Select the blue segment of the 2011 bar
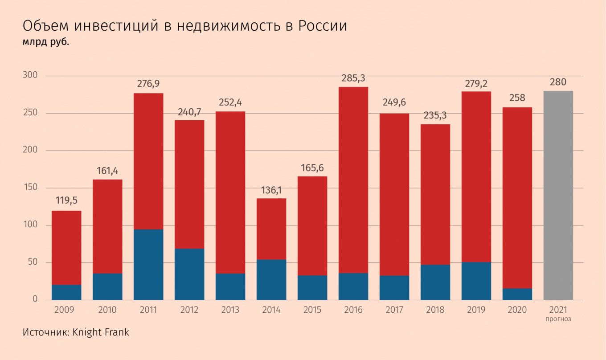148,265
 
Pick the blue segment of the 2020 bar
517,294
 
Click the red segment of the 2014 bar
271,229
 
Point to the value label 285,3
353,78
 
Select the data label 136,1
271,189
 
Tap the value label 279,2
476,82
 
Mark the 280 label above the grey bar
558,82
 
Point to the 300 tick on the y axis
30,76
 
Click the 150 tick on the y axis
30,188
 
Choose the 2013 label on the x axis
230,310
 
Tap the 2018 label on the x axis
435,310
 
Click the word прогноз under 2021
558,319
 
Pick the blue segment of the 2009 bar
66,292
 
